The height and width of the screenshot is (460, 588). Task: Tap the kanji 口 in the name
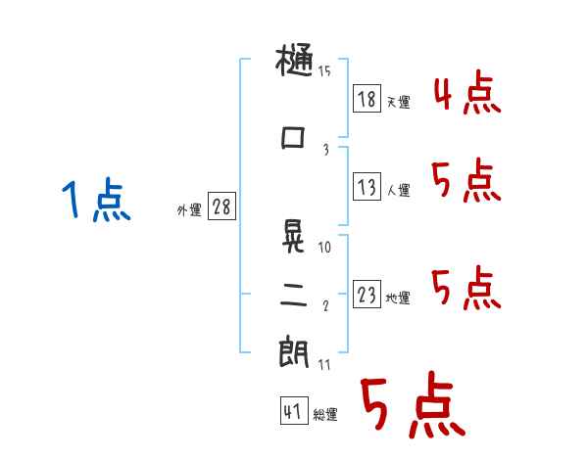[294, 138]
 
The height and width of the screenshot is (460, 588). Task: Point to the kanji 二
[294, 296]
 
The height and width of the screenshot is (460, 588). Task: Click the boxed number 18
[367, 100]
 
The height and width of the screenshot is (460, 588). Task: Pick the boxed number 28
[221, 207]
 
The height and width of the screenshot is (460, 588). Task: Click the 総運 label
[326, 415]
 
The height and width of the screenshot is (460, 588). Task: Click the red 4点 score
[467, 94]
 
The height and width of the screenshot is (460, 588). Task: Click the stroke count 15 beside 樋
[324, 70]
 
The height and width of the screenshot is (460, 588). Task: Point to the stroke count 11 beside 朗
[324, 365]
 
